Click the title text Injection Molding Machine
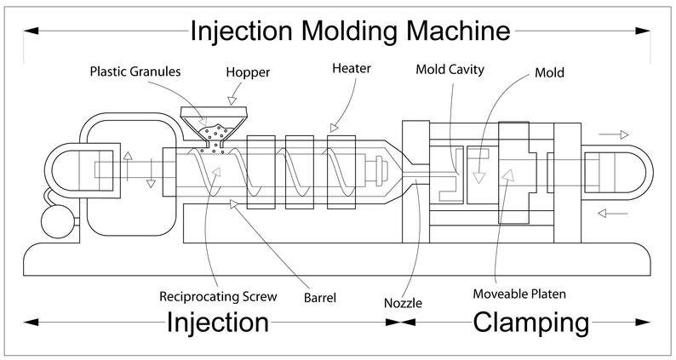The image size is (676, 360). click(350, 31)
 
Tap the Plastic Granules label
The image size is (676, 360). click(135, 71)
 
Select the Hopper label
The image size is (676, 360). click(248, 72)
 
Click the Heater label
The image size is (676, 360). click(352, 68)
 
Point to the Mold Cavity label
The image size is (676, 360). click(450, 70)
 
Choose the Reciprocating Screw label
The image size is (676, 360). click(218, 297)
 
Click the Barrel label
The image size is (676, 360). click(320, 298)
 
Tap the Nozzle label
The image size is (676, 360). click(403, 303)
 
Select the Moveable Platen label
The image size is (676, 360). click(519, 294)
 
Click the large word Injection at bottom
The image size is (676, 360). click(218, 323)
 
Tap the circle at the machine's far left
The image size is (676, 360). click(58, 221)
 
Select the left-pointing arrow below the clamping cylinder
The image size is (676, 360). click(613, 213)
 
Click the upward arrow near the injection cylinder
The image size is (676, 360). click(128, 166)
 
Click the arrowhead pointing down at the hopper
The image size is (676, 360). click(232, 100)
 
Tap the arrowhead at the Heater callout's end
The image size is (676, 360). click(334, 128)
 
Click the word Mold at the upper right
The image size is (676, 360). click(549, 72)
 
